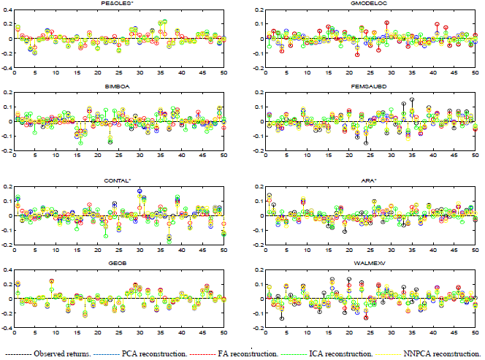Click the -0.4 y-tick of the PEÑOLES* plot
[7, 68]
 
